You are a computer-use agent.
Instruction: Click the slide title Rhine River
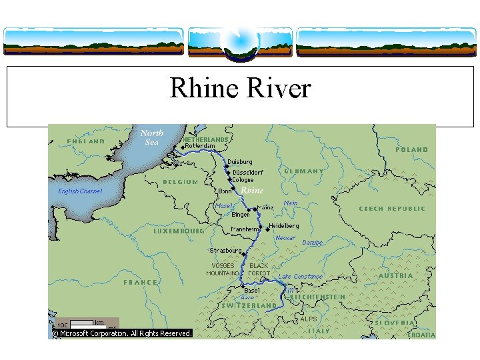click(240, 88)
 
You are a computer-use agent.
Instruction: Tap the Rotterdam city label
click(200, 146)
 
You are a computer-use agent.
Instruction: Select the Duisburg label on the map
click(240, 162)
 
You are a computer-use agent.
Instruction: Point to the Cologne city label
click(243, 180)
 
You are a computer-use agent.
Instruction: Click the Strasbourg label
click(226, 251)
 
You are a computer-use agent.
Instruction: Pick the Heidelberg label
click(284, 226)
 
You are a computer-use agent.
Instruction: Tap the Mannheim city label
click(245, 229)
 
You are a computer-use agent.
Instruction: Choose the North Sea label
click(152, 137)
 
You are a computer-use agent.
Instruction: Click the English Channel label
click(81, 191)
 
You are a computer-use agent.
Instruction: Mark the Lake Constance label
click(300, 277)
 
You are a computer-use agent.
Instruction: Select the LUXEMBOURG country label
click(179, 231)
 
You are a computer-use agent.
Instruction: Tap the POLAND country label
click(412, 150)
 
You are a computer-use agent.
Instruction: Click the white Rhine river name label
click(252, 191)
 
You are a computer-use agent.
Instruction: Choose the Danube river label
click(312, 243)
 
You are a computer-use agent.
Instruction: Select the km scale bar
click(82, 323)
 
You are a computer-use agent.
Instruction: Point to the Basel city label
click(252, 291)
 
